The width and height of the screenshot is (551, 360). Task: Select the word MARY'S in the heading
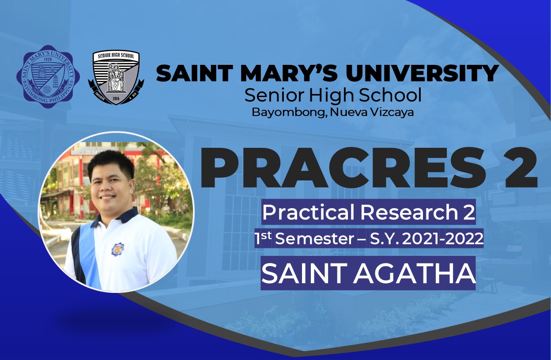[x=289, y=73]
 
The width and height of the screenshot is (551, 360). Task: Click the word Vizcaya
[x=391, y=112]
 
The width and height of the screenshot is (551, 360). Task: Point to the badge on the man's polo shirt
[x=117, y=249]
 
